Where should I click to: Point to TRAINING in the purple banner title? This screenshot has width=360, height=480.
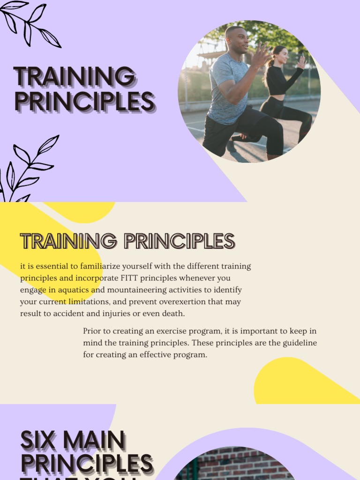click(74, 77)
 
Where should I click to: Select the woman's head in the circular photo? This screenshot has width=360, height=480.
click(280, 55)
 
